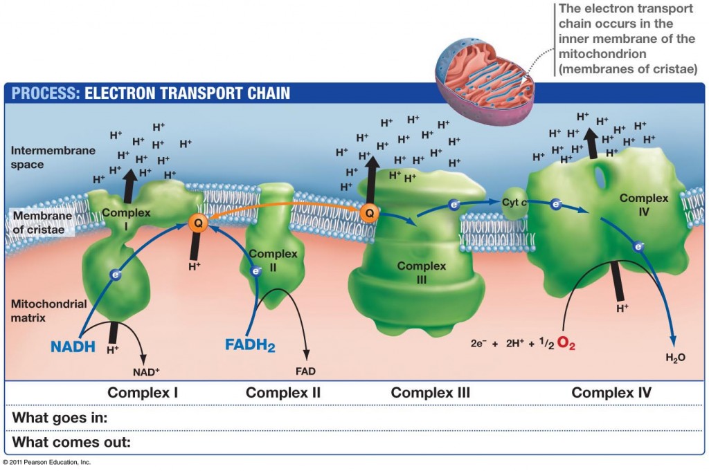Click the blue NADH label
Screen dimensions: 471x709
click(x=72, y=345)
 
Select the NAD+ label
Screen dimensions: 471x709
click(x=146, y=371)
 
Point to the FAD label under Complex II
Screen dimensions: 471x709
click(x=305, y=371)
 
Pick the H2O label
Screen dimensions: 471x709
click(x=675, y=358)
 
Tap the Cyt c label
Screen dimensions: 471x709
click(x=514, y=201)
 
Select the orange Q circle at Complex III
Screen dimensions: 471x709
click(x=370, y=214)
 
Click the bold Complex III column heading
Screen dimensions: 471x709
click(x=430, y=393)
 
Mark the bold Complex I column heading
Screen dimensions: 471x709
click(x=143, y=393)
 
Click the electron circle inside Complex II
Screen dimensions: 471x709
click(x=255, y=271)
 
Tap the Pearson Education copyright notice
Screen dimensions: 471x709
click(x=46, y=462)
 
